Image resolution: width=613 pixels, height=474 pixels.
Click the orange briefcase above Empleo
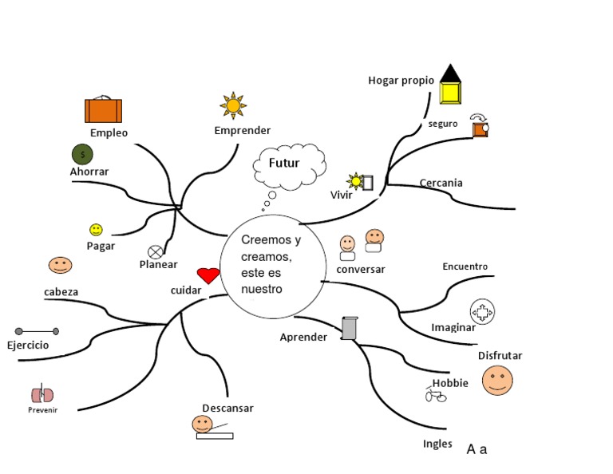[x=103, y=109]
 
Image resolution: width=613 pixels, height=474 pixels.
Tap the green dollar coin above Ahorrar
[x=81, y=153]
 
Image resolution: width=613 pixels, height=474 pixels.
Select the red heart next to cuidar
[x=208, y=276]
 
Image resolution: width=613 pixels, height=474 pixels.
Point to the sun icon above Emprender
[x=233, y=105]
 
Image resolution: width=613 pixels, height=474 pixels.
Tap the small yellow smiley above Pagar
[x=96, y=230]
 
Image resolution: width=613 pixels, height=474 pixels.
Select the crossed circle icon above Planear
[x=156, y=252]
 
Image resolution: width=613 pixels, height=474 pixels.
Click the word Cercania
[x=441, y=183]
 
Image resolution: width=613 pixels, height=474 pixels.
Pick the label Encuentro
[x=465, y=267]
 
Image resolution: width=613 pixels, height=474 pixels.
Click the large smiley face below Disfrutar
[x=497, y=381]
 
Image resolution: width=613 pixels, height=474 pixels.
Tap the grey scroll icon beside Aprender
[x=349, y=328]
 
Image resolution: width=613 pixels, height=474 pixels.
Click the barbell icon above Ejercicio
[x=37, y=330]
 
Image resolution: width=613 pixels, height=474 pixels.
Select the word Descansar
[x=227, y=408]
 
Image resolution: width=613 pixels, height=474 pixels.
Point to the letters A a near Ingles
[x=477, y=449]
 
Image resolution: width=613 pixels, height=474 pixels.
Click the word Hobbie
[x=450, y=383]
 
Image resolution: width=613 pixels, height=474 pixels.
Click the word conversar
[x=361, y=269]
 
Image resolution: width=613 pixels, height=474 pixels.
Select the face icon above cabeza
[x=60, y=265]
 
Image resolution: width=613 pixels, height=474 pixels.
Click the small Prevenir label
[x=42, y=410]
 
